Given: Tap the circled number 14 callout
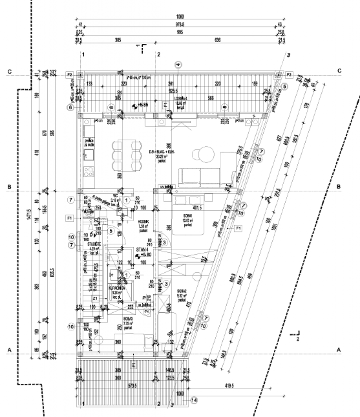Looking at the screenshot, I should (x=194, y=400).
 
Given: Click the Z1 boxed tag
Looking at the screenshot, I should (x=95, y=298).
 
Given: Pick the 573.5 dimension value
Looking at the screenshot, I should (x=118, y=385).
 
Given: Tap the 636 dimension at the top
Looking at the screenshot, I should (x=218, y=40).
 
